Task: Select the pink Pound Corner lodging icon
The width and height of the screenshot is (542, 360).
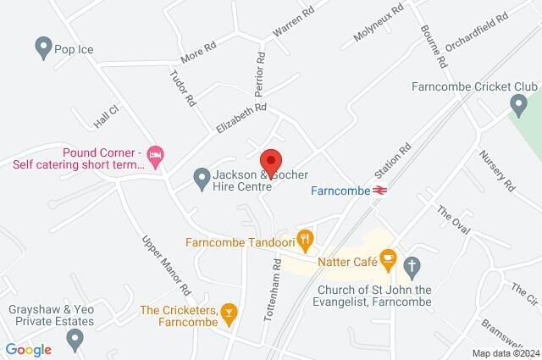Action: (x=156, y=155)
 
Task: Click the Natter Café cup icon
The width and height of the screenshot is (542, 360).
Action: (x=389, y=259)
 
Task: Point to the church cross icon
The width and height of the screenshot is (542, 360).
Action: (x=412, y=268)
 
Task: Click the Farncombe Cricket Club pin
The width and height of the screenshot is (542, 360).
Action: (x=518, y=107)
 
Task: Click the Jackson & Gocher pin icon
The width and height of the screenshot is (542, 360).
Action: (x=202, y=179)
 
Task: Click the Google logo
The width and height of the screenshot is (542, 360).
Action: (x=28, y=349)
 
